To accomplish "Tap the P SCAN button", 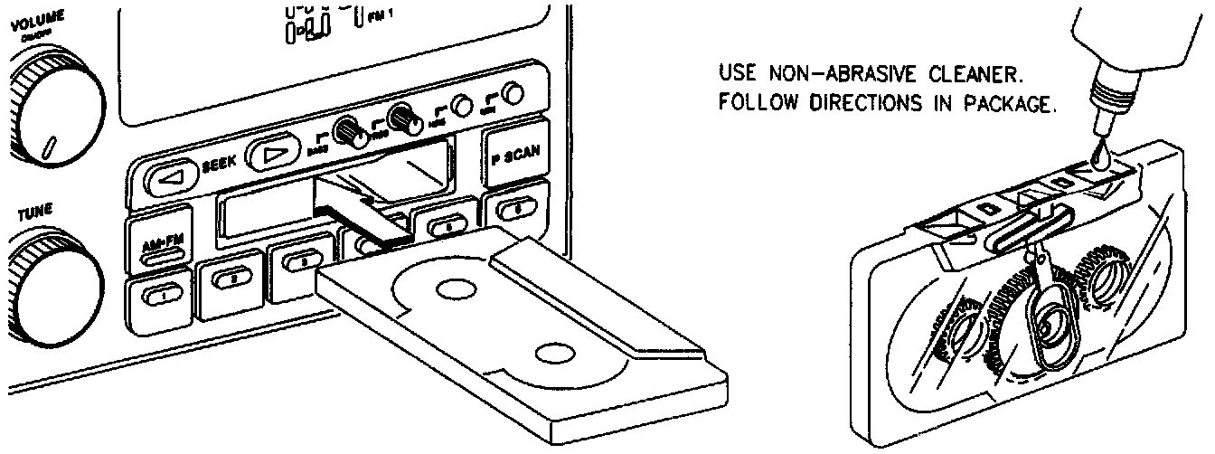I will click(516, 155).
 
